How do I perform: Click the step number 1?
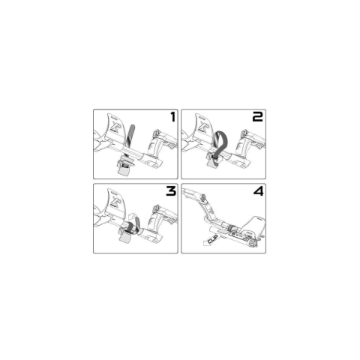click(173, 117)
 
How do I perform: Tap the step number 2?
click(257, 117)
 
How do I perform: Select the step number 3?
click(171, 191)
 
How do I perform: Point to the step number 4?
click(259, 191)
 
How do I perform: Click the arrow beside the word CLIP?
click(207, 242)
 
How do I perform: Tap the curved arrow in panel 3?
click(132, 217)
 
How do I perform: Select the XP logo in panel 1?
click(115, 125)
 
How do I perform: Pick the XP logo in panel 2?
click(203, 125)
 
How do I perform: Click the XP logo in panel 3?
click(115, 200)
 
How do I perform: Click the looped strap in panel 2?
click(220, 142)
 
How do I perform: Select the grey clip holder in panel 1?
click(124, 166)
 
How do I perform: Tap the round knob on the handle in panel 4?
click(202, 197)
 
